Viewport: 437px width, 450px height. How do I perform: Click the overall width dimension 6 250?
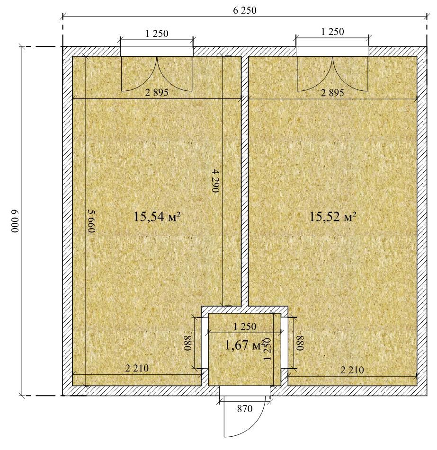(245, 10)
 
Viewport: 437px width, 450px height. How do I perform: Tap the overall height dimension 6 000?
(15, 221)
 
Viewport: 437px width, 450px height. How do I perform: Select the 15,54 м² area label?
(157, 217)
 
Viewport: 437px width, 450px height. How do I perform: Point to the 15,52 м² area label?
(333, 217)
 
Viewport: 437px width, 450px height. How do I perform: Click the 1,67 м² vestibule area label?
(245, 345)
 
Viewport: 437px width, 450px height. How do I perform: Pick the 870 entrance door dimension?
(245, 408)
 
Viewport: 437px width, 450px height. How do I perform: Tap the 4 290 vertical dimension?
(216, 181)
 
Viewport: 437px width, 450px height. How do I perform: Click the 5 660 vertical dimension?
(91, 221)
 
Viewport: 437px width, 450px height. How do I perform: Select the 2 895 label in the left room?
(157, 92)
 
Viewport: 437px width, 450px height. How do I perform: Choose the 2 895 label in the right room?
(332, 93)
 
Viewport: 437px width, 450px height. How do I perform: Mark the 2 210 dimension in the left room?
(137, 368)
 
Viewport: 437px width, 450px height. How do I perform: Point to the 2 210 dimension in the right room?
(352, 370)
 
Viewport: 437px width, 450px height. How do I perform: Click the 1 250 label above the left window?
(157, 34)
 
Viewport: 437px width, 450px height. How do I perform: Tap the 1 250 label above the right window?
(332, 32)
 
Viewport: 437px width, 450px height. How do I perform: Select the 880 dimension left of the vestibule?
(188, 343)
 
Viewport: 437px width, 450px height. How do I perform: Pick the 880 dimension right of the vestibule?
(300, 343)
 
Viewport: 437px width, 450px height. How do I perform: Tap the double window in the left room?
(157, 74)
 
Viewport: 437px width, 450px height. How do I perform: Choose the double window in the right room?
(332, 74)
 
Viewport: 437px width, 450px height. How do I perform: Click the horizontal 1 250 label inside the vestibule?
(245, 326)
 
